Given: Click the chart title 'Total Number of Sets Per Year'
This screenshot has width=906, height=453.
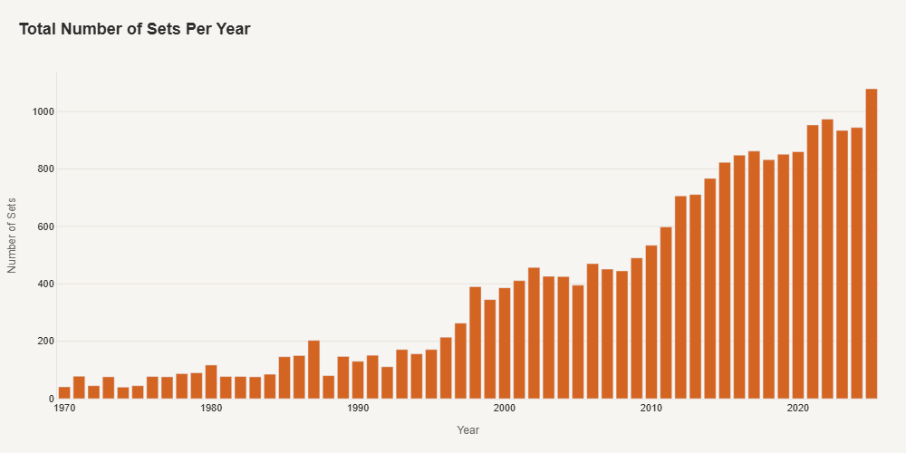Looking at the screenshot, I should tap(134, 29).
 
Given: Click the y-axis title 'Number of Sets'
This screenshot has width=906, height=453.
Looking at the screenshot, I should tap(13, 235).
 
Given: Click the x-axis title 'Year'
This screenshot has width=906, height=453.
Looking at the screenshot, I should tap(467, 430).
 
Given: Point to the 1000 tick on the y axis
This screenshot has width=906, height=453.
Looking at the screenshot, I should tap(44, 111).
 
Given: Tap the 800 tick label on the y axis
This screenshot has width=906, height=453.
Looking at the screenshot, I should tap(46, 169).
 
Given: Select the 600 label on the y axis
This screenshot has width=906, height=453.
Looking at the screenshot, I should tap(46, 226).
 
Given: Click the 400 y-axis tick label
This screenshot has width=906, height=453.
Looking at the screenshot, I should tap(46, 284).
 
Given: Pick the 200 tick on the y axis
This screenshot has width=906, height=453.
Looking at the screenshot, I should tap(46, 342).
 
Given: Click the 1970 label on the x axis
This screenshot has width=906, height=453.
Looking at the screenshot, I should tap(64, 409).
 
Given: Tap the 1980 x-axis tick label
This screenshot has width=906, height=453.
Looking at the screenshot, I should tap(211, 409).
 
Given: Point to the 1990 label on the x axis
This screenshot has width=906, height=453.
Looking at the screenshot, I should tap(358, 409).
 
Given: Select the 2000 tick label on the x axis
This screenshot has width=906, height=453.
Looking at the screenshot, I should tap(505, 409).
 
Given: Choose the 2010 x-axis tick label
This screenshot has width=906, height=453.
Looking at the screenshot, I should tap(651, 409).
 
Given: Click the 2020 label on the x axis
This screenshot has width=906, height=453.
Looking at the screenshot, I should tap(798, 409).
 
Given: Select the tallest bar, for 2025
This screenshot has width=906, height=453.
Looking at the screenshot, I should tap(872, 244).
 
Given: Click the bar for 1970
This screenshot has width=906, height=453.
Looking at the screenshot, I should tap(64, 393).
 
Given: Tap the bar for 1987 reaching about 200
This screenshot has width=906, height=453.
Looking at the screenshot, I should tap(313, 370).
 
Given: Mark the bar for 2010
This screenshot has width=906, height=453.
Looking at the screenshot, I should tap(651, 322).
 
